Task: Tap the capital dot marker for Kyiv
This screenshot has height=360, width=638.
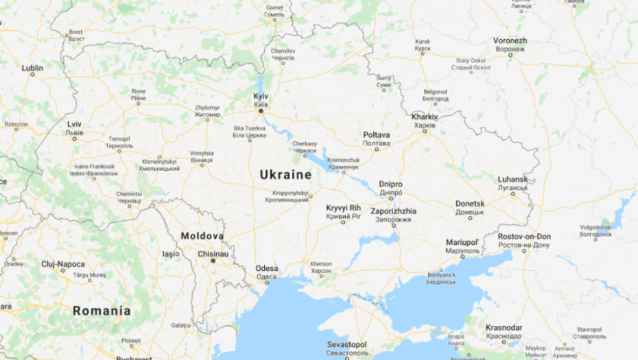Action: (x=261, y=111)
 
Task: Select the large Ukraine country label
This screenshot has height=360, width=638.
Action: (x=285, y=175)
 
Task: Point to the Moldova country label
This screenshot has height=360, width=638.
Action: (x=202, y=236)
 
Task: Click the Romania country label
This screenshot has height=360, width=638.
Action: (x=102, y=311)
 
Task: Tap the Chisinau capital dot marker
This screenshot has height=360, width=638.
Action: (x=213, y=261)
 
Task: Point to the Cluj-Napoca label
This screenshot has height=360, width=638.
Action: (x=62, y=264)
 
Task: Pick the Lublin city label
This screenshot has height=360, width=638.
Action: (x=32, y=69)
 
